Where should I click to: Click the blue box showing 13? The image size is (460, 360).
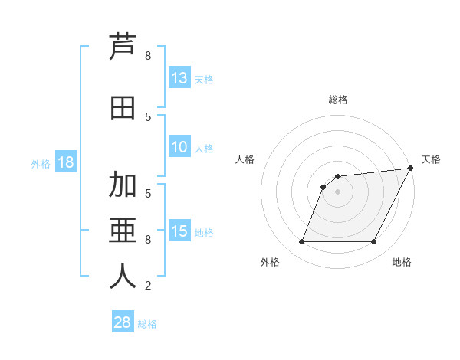tap(179, 78)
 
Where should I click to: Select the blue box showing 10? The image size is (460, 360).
tap(179, 147)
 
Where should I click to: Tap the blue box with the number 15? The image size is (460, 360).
tap(179, 231)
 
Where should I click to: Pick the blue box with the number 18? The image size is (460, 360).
tap(65, 162)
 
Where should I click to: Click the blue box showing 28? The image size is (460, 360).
tap(123, 322)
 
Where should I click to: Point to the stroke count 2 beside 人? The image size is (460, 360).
tap(148, 286)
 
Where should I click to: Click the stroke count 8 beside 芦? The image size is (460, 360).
tap(148, 56)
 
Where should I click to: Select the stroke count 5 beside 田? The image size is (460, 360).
tap(148, 116)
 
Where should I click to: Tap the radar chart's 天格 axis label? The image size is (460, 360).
tap(431, 159)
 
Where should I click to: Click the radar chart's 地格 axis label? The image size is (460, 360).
tap(402, 262)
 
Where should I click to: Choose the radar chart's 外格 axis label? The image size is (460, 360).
tap(270, 262)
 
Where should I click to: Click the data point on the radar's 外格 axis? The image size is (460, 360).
tap(301, 242)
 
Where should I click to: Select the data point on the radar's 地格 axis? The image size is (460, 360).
tap(374, 242)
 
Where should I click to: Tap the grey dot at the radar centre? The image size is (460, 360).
tap(337, 191)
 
